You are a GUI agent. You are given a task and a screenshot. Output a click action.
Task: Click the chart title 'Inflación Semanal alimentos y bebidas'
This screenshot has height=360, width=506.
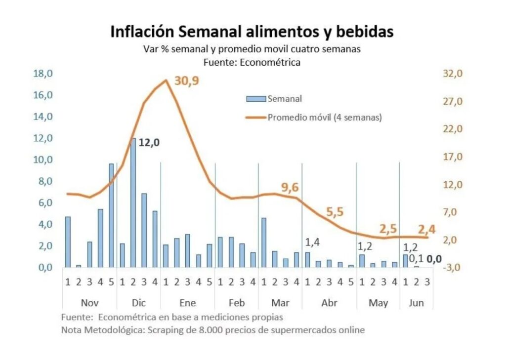(252, 32)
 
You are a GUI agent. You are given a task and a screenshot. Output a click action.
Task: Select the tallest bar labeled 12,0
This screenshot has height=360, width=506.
(133, 202)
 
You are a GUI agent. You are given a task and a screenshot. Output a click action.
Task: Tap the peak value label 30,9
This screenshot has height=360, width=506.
(186, 81)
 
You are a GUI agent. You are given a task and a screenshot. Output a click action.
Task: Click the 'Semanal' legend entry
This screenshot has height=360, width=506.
(284, 99)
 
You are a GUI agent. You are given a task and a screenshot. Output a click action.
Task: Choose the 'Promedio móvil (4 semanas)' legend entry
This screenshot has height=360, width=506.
(324, 118)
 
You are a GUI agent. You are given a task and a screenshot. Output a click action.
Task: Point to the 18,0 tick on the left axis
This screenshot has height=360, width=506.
(43, 74)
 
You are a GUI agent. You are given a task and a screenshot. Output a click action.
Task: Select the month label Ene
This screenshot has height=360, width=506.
(187, 303)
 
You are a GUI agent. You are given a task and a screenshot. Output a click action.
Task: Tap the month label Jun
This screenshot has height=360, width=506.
(416, 303)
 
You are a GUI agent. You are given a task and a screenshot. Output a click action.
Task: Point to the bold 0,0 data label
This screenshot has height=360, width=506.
(434, 258)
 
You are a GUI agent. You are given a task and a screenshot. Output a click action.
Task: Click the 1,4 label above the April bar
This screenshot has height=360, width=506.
(312, 242)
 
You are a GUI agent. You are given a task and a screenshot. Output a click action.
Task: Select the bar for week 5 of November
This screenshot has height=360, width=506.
(111, 216)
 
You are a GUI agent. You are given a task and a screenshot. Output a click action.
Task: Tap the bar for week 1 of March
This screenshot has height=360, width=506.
(264, 242)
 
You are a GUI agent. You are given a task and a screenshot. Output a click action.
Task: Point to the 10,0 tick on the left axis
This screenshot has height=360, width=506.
(43, 160)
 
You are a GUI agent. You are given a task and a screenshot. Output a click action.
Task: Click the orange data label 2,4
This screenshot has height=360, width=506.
(428, 230)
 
